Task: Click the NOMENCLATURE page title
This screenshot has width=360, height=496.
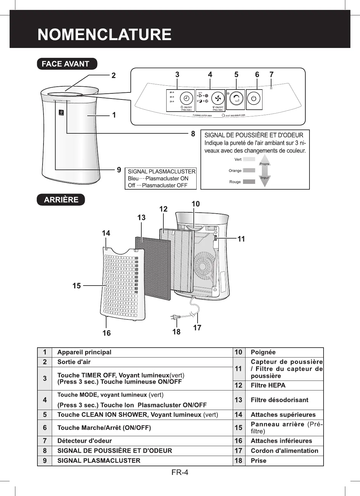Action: coord(104,35)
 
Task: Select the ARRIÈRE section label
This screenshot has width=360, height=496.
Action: coord(61,200)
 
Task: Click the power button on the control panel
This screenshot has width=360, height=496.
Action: coord(254,99)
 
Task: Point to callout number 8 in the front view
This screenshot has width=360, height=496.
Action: coord(193,134)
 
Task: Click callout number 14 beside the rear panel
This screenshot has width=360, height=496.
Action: coord(106,233)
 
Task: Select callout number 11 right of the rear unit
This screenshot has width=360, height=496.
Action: coord(241,239)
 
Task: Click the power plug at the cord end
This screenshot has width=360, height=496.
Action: coord(175,317)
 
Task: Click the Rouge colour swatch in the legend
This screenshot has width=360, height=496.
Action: coord(249,182)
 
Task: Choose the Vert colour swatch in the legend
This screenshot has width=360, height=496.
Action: coord(249,159)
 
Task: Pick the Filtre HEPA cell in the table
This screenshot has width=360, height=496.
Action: coord(268,385)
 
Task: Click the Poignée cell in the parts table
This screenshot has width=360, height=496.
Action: coord(263,352)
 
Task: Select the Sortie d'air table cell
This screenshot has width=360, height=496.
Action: coord(74,362)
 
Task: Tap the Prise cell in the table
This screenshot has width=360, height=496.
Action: coord(258,461)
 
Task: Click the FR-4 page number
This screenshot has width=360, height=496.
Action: coord(180,472)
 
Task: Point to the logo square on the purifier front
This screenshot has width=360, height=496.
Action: coord(61,113)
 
